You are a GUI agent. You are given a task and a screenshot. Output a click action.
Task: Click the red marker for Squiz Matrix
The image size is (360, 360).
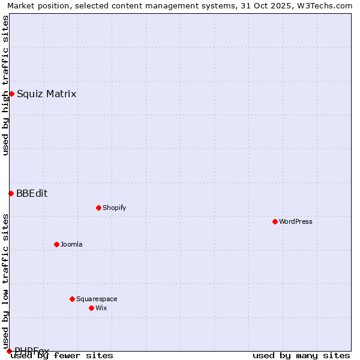11,94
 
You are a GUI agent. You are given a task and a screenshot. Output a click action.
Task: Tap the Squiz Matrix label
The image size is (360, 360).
46,94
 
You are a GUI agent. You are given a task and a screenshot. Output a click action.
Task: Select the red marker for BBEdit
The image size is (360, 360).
11,193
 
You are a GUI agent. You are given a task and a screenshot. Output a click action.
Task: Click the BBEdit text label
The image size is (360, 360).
32,193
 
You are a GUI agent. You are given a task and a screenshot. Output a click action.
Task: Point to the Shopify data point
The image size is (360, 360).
98,208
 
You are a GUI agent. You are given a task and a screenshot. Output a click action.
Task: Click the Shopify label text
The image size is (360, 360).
114,208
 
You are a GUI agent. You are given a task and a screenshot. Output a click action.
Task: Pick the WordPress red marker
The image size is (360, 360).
275,221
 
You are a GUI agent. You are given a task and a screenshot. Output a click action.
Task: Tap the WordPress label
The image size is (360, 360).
295,221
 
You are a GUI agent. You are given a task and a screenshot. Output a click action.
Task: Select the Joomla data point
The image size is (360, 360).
56,244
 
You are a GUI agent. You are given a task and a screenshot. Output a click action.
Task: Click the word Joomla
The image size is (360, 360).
71,244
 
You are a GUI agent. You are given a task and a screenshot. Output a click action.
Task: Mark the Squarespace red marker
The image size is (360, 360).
72,299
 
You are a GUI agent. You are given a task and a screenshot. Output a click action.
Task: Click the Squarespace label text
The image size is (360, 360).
97,299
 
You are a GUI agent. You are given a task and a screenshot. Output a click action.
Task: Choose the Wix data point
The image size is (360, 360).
91,308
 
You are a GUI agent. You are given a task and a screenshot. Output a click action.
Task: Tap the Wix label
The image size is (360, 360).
101,308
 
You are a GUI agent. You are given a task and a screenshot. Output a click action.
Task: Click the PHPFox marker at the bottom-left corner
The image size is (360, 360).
9,351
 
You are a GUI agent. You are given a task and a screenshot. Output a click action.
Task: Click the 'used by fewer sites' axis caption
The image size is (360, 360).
62,355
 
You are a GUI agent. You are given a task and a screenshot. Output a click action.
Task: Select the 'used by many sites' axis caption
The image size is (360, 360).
301,355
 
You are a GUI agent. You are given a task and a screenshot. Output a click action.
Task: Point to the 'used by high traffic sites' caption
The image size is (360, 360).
5,85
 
